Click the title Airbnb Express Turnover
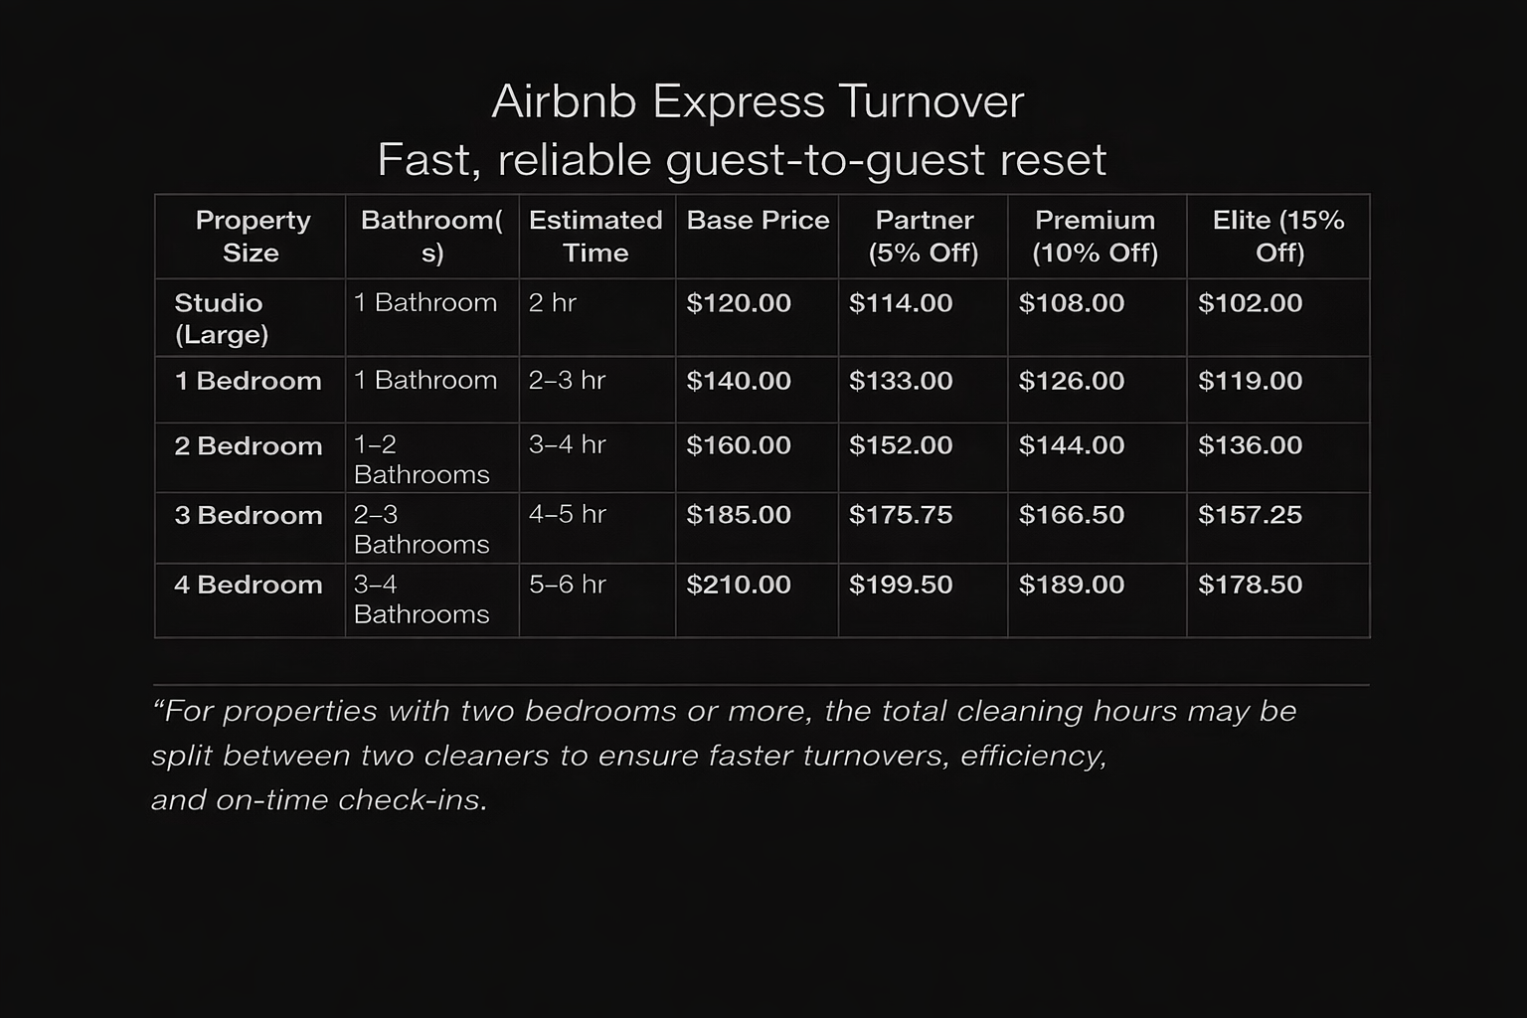pyautogui.click(x=758, y=102)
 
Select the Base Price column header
pyautogui.click(x=758, y=220)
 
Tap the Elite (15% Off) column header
pyautogui.click(x=1278, y=236)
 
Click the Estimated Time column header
pyautogui.click(x=595, y=236)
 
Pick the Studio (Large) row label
pyautogui.click(x=221, y=318)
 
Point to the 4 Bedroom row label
pyautogui.click(x=249, y=585)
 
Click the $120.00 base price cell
pyautogui.click(x=739, y=303)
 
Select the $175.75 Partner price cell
pyautogui.click(x=901, y=515)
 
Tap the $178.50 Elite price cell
pyautogui.click(x=1250, y=585)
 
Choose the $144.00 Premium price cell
pyautogui.click(x=1072, y=445)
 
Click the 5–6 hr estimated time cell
pyautogui.click(x=567, y=585)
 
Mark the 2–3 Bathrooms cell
pyautogui.click(x=422, y=529)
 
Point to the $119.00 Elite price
pyautogui.click(x=1250, y=381)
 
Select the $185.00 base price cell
pyautogui.click(x=739, y=515)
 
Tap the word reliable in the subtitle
pyautogui.click(x=574, y=160)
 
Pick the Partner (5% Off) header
pyautogui.click(x=924, y=236)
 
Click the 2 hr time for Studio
pyautogui.click(x=552, y=303)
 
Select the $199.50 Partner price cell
pyautogui.click(x=901, y=585)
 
